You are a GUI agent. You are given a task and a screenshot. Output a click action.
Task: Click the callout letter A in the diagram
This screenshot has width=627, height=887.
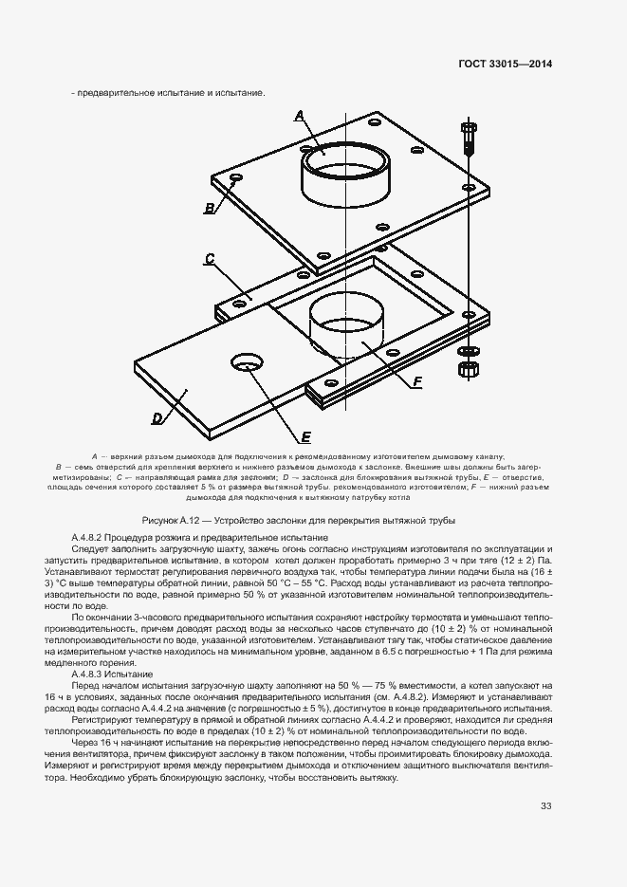[x=300, y=116]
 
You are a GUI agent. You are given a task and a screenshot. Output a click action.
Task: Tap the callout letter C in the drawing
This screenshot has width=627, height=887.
[x=210, y=258]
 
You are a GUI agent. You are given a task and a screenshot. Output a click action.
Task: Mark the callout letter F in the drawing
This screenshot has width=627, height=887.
[x=416, y=382]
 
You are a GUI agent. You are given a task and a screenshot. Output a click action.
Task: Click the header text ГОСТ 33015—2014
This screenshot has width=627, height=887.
[x=506, y=65]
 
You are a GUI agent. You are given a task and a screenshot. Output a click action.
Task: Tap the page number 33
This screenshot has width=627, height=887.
[x=545, y=805]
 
